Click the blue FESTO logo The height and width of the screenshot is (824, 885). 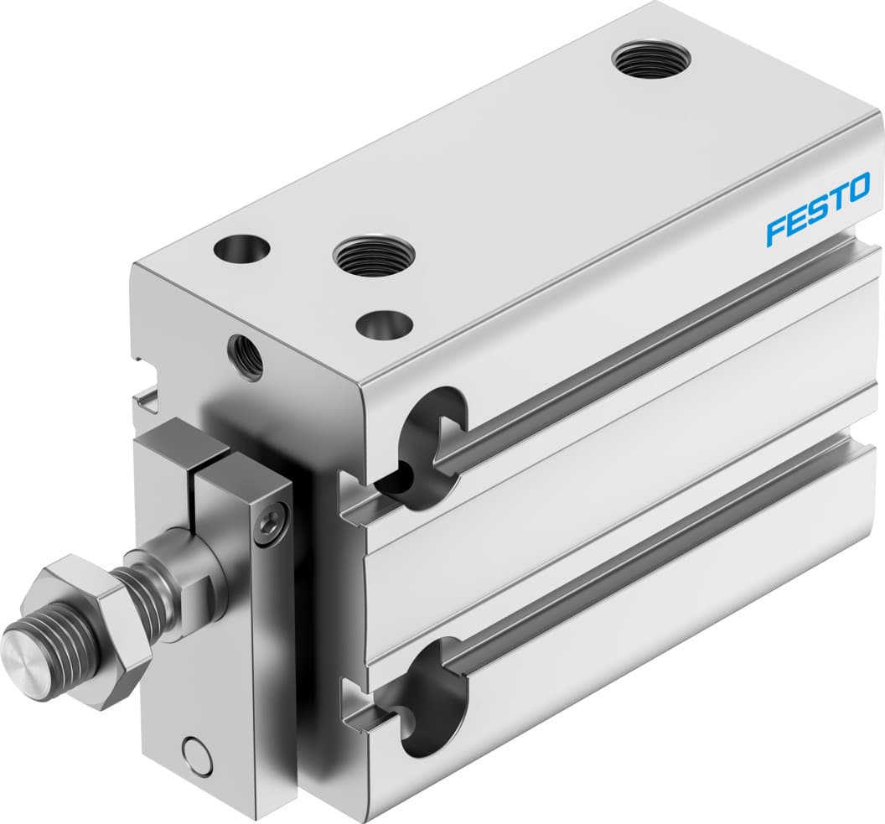pyautogui.click(x=818, y=209)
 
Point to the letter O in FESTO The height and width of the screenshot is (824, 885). pyautogui.click(x=858, y=188)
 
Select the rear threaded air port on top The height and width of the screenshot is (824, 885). pyautogui.click(x=651, y=60)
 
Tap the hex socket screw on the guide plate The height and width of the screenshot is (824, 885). pyautogui.click(x=270, y=526)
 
